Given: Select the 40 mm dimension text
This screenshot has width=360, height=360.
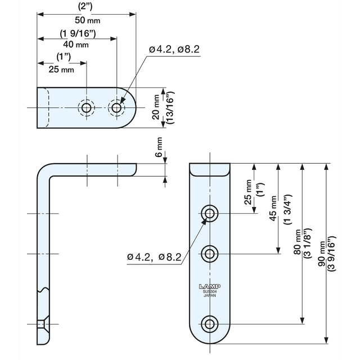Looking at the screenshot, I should coord(75,44).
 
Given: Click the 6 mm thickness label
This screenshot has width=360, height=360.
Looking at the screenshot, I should coord(159,147).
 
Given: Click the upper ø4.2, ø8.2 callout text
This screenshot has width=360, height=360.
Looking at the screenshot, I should coord(174,49).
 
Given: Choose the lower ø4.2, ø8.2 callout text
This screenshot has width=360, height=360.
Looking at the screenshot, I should coord(154,257).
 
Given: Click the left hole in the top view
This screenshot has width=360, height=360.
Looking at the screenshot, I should coord(87,107).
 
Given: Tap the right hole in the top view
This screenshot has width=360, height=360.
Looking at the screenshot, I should coord(116,107).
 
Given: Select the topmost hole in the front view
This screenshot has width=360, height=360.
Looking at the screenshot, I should coord(210,213).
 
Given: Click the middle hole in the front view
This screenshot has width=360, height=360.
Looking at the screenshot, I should coord(210,254).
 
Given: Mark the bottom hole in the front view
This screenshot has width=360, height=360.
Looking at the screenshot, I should coord(210,323).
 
